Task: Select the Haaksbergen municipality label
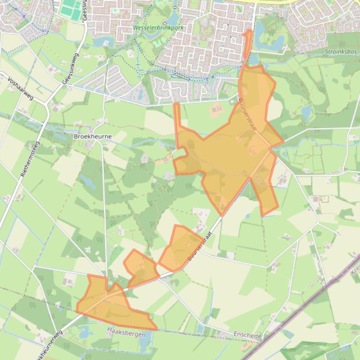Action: coord(125,334)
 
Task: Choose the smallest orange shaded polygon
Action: coord(141,268)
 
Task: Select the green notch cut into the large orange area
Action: coord(179,153)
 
